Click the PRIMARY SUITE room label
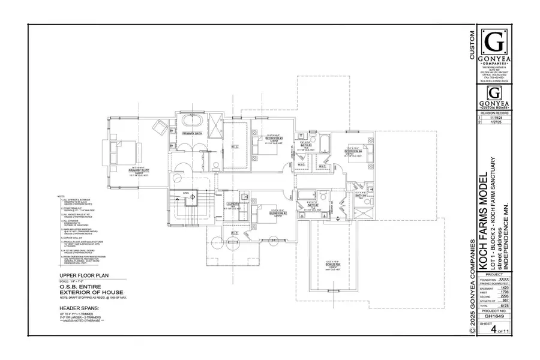[x=139, y=170]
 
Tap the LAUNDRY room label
[x=233, y=205]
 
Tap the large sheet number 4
[x=491, y=328]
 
